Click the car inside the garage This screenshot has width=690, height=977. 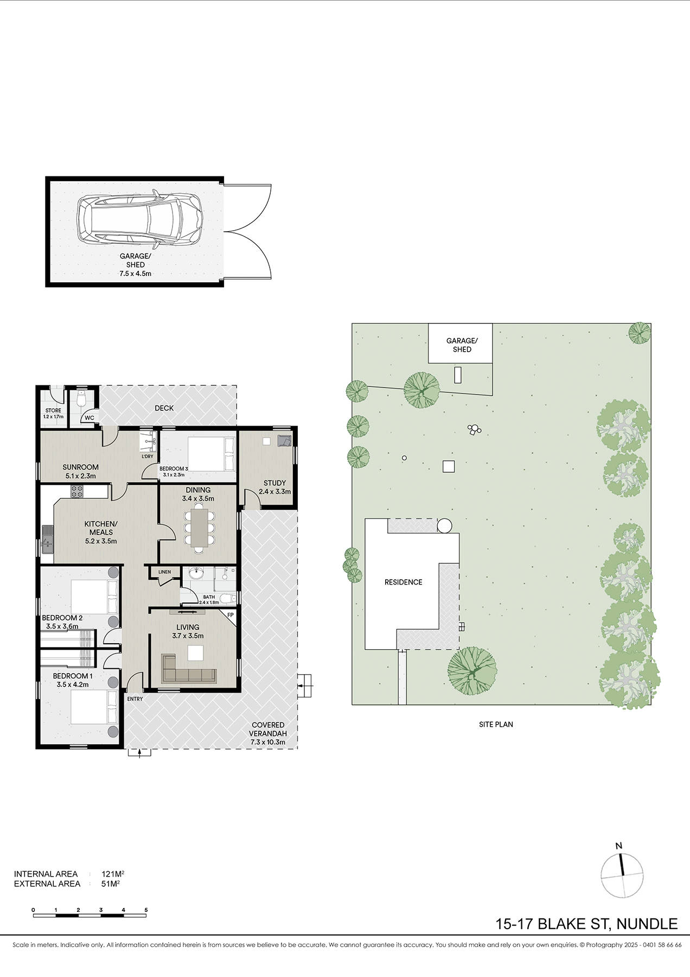pos(140,219)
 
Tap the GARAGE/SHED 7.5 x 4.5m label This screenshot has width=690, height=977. pos(135,265)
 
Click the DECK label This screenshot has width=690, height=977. pos(164,408)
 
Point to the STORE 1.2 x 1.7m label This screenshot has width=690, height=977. pos(53,414)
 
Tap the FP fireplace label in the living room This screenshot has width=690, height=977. pos(230,615)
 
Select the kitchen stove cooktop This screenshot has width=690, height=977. pos(76,492)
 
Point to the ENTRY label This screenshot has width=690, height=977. pos(135,699)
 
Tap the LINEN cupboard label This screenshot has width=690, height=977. pos(164,572)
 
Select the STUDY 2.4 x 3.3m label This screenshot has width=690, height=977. pos(274,487)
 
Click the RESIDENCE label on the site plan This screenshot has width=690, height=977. pos(403,582)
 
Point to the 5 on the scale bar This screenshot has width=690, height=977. pos(146,910)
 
